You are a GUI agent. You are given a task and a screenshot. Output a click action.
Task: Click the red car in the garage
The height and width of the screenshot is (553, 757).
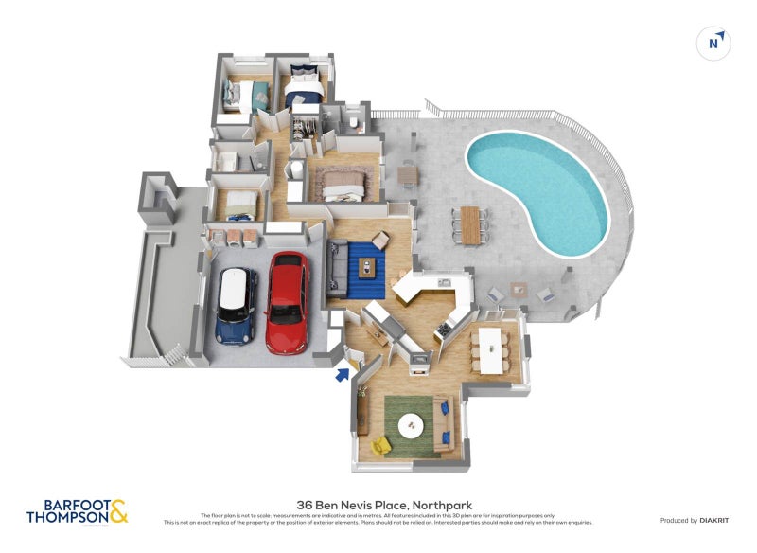point(288,301)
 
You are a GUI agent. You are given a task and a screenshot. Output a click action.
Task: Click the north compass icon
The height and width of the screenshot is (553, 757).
point(713,43)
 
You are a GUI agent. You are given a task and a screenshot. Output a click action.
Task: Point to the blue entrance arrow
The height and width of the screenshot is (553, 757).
point(341,375)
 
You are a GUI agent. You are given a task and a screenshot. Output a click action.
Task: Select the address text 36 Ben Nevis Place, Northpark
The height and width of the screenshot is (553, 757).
point(383,505)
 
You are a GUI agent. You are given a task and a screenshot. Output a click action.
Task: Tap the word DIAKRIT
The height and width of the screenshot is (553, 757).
point(713,520)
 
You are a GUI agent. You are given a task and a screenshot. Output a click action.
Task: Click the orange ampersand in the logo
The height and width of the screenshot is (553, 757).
point(118,512)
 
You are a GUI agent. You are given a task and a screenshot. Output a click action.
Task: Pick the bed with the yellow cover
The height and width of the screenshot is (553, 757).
point(238,204)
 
